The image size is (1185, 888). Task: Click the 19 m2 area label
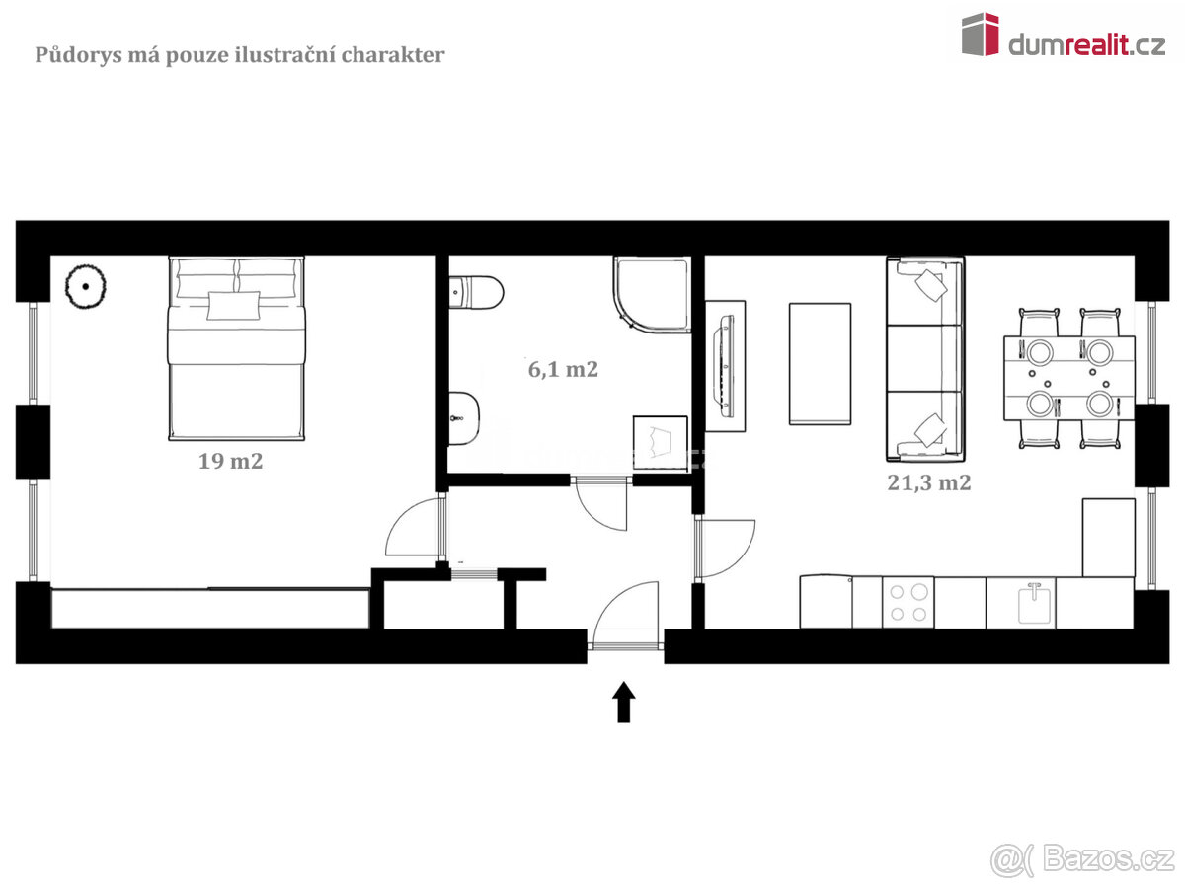click(x=230, y=461)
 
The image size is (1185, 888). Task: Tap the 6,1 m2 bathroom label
click(x=563, y=370)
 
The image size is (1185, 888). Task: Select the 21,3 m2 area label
click(x=928, y=482)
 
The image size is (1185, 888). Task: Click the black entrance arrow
click(x=623, y=702)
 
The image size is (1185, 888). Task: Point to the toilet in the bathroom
click(x=476, y=293)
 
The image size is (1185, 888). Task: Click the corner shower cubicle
click(x=652, y=294)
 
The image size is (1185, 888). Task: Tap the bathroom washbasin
click(x=464, y=418)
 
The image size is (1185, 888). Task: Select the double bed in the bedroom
click(x=236, y=348)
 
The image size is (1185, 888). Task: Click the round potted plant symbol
click(x=85, y=287)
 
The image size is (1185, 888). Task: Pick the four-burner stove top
click(x=908, y=603)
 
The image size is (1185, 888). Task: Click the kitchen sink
click(x=1034, y=604)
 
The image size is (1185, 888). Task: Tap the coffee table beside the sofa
click(x=820, y=364)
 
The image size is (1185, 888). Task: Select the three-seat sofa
click(x=925, y=359)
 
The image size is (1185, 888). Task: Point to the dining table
click(x=1068, y=379)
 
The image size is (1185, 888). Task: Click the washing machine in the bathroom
click(x=661, y=444)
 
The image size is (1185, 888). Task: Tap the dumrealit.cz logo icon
click(x=981, y=35)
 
